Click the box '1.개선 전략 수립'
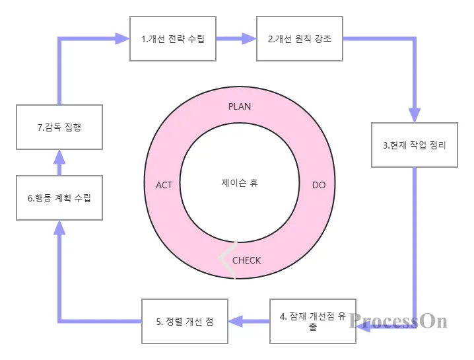coord(173,38)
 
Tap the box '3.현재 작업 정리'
coord(415,145)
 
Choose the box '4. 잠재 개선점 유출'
coord(313,321)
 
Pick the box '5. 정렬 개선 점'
coord(185,321)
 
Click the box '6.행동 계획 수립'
coord(59,198)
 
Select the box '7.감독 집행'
coord(59,127)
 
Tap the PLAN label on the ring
coord(240,106)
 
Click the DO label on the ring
coord(319,185)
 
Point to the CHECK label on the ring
coord(247,260)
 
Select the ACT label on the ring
coord(164,185)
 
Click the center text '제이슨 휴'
coord(240,182)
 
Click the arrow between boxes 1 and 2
coord(236,38)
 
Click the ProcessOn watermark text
coord(399,321)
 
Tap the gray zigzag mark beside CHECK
coord(226,259)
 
